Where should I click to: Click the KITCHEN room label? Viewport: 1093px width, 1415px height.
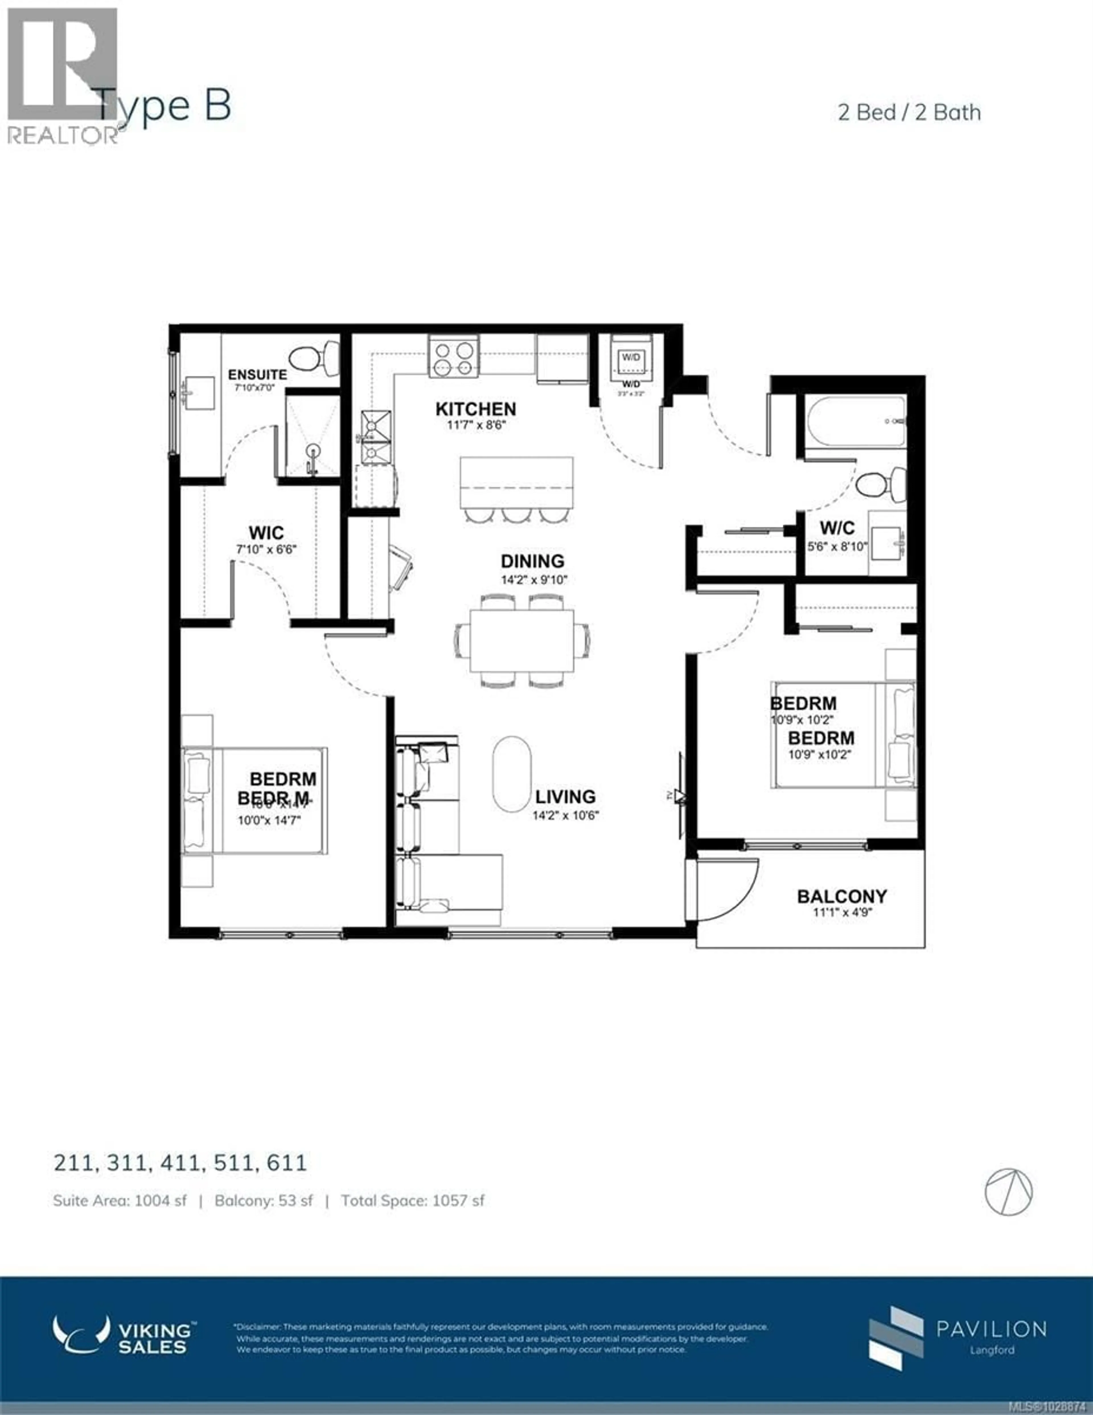tap(476, 409)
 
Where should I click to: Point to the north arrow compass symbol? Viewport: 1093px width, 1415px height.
tap(1009, 1192)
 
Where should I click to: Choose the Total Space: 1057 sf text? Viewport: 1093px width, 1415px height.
tap(413, 1201)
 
